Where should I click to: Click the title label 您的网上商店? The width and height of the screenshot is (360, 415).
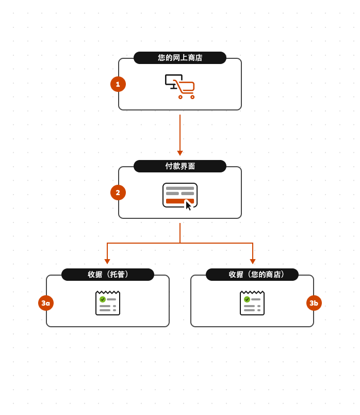click(180, 58)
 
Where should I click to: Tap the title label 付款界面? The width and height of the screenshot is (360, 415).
click(180, 166)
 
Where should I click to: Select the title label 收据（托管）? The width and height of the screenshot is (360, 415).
click(108, 275)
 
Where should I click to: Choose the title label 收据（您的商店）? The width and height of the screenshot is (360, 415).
click(252, 275)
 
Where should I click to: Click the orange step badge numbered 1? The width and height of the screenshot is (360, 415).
click(118, 84)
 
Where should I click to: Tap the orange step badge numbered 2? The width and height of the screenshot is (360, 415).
click(118, 193)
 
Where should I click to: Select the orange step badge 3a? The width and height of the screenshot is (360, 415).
click(46, 303)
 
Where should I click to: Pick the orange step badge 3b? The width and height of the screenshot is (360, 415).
click(314, 303)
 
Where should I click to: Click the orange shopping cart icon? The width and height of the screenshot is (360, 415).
click(185, 88)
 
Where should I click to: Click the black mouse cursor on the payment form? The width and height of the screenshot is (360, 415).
click(188, 205)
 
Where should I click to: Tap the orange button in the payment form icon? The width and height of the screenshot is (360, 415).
click(175, 201)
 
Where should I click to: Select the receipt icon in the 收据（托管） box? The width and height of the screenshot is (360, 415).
click(108, 304)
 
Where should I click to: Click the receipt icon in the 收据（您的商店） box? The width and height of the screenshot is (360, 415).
click(252, 304)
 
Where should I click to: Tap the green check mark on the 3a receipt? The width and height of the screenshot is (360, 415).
click(103, 299)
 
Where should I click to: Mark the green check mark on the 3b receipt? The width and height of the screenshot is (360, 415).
click(247, 299)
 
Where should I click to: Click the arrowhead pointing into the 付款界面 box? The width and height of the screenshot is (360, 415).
click(180, 153)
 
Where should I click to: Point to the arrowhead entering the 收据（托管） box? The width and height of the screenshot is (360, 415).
click(107, 262)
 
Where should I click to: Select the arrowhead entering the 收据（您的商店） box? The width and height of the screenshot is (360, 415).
click(253, 262)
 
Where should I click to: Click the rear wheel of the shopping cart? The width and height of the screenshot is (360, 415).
click(181, 97)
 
